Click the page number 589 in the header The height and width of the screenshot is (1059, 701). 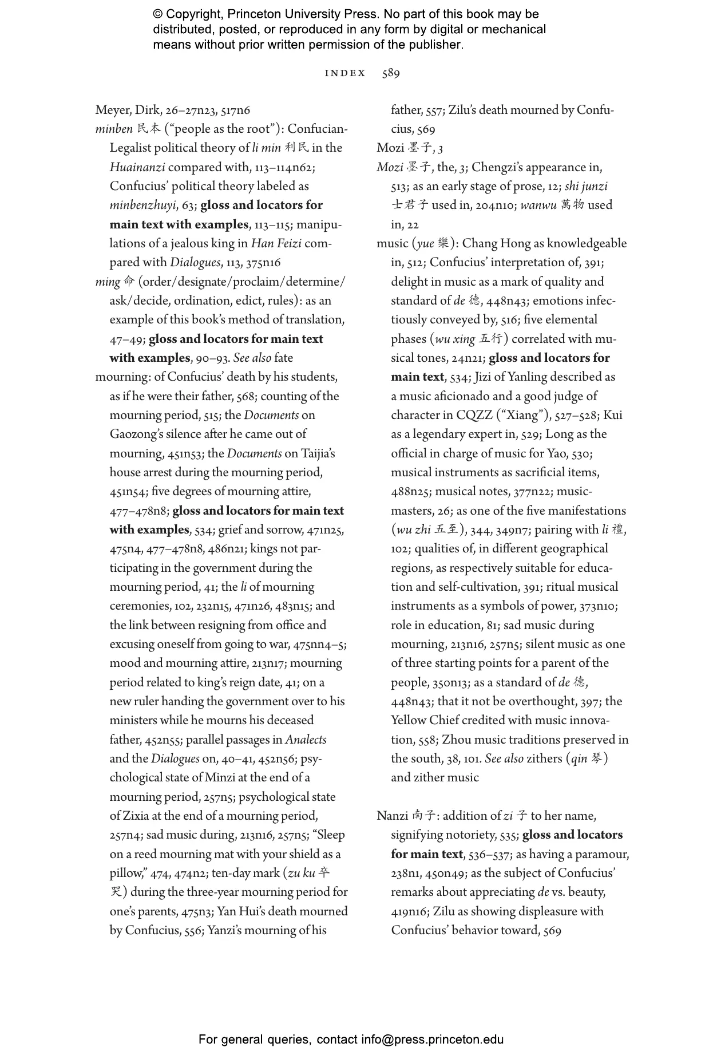coord(391,73)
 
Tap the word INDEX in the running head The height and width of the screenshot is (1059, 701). coord(345,73)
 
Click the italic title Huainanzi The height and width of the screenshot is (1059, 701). coord(137,168)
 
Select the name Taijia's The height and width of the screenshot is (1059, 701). coord(318,454)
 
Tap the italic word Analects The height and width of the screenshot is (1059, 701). coord(306,740)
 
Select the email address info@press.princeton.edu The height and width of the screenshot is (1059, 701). coord(432,1040)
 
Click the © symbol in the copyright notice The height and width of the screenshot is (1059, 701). coord(159,14)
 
